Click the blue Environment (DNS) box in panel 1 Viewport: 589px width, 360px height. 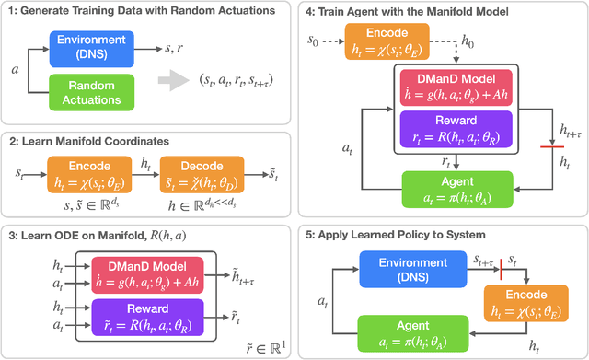92,43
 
